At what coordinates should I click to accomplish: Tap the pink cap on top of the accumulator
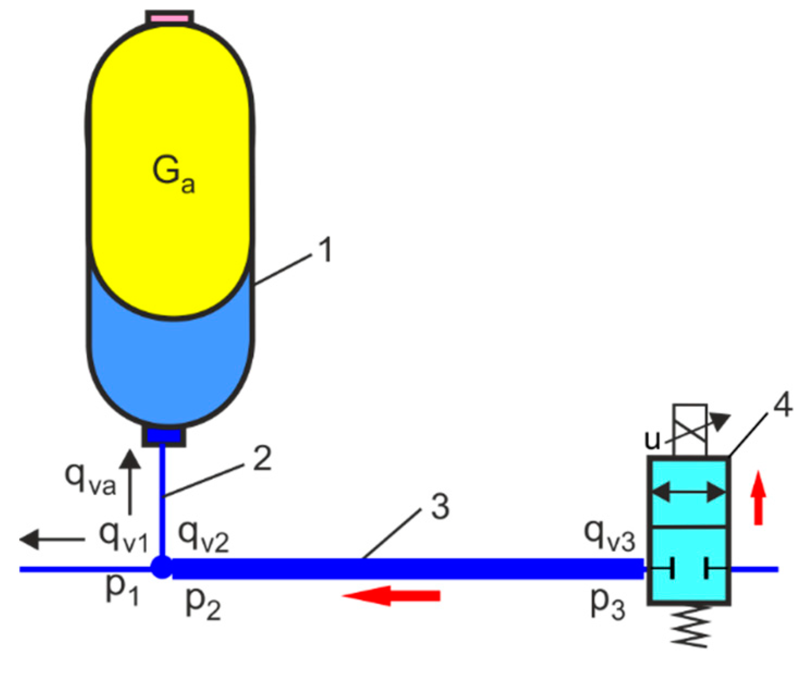coord(169,18)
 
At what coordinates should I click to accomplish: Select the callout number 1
coord(325,251)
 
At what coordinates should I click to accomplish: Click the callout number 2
coord(262,458)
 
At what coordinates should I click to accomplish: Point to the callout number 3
coord(440,507)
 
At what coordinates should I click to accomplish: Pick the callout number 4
coord(782,406)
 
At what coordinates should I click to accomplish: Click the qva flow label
coord(90,479)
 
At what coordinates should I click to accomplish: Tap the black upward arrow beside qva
coord(130,482)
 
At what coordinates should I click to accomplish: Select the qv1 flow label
coord(123,536)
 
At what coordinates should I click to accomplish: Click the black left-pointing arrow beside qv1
coord(52,539)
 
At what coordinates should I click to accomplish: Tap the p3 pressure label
coord(608,602)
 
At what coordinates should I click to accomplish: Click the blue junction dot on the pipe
coord(161,567)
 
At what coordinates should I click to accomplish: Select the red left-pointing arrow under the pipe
coord(391,596)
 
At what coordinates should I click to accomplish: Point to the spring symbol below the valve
coord(690,626)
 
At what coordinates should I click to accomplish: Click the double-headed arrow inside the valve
coord(689,493)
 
